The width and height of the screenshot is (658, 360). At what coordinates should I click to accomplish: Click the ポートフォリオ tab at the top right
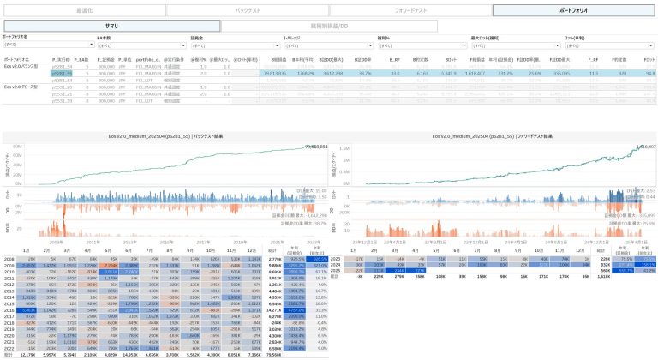[x=573, y=10]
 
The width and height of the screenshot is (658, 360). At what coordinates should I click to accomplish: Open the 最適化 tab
[x=81, y=10]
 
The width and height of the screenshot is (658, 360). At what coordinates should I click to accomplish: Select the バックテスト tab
[x=246, y=10]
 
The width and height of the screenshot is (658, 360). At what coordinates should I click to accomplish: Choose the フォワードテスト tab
[x=410, y=10]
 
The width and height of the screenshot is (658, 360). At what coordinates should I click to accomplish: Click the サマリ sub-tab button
[x=111, y=27]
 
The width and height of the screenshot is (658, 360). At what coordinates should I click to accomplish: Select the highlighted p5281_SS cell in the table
[x=61, y=74]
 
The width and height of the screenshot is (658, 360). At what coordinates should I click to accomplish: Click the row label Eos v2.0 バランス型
[x=23, y=67]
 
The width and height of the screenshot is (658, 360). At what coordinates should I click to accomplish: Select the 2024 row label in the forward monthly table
[x=335, y=264]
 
